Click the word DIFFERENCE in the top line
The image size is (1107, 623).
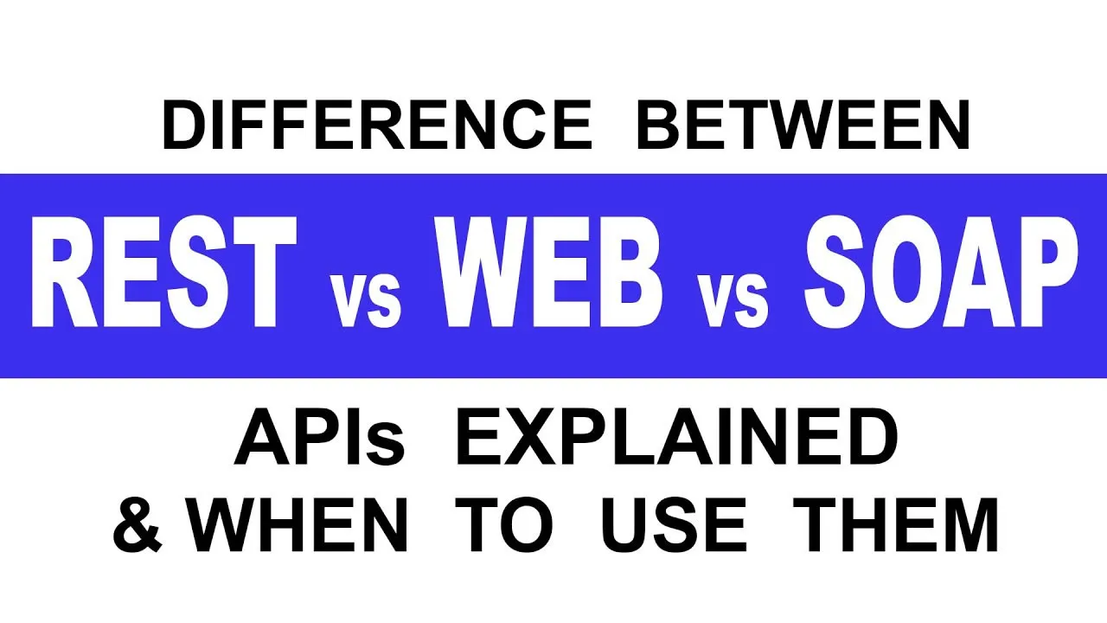377,125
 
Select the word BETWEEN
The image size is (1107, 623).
804,125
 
